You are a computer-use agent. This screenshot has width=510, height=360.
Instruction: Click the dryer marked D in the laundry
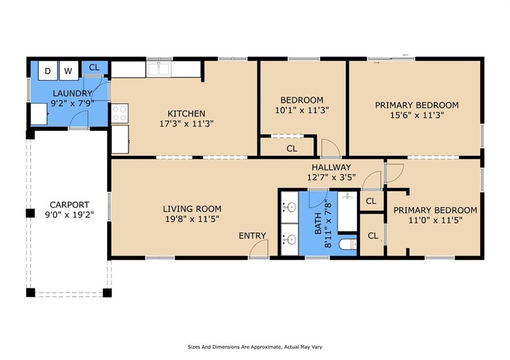click(x=48, y=71)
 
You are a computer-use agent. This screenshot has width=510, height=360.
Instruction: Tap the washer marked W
click(x=69, y=71)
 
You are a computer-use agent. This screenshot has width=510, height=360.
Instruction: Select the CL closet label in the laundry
click(x=94, y=68)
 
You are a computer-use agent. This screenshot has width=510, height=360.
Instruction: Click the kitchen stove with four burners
click(x=120, y=113)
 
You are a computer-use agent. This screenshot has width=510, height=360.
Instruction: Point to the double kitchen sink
click(x=158, y=69)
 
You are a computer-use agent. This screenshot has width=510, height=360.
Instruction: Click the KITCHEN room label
click(x=186, y=114)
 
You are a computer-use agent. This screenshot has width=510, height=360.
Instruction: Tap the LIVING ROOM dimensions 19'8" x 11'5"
click(x=192, y=219)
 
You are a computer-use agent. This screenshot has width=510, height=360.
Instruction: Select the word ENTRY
click(x=252, y=236)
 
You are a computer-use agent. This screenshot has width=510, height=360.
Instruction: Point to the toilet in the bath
click(x=348, y=244)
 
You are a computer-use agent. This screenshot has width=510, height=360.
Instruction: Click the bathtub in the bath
click(x=347, y=212)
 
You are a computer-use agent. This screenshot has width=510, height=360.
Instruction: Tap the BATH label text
click(x=318, y=223)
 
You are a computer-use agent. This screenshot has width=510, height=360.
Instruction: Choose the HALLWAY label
click(x=331, y=167)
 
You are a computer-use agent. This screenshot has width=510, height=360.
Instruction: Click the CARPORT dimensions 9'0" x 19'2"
click(x=69, y=215)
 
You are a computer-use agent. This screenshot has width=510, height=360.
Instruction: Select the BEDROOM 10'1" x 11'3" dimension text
click(x=302, y=110)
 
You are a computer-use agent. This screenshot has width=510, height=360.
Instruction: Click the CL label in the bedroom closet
click(x=292, y=148)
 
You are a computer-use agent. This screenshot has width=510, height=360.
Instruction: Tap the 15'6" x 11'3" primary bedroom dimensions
click(x=417, y=115)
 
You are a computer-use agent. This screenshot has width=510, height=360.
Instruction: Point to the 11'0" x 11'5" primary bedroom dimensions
click(x=435, y=220)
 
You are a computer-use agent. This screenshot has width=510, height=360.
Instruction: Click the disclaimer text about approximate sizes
click(x=255, y=347)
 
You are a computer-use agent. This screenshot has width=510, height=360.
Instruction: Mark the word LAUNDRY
click(x=73, y=93)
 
